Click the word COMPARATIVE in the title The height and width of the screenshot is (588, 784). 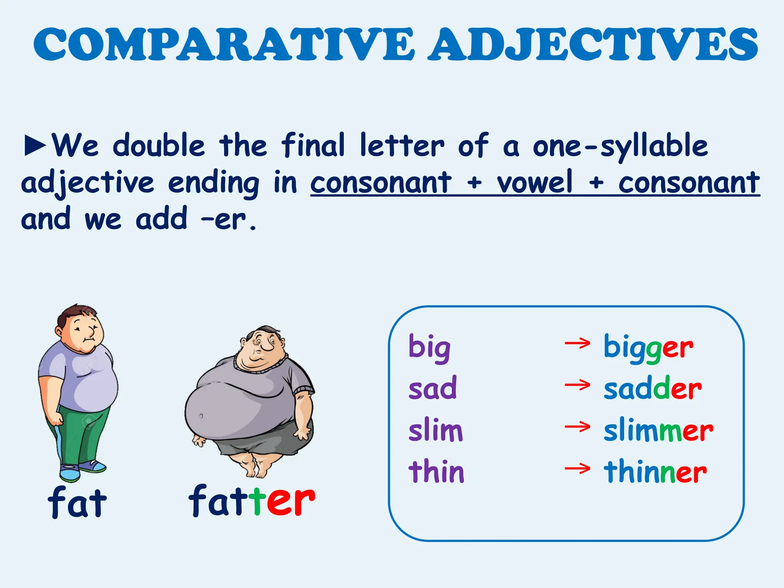point(224,45)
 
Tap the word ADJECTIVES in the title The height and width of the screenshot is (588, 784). point(593,45)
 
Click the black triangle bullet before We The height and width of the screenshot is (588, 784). point(35,145)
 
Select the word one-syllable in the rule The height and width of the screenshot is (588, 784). point(620,146)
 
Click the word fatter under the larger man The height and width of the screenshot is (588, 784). point(252,500)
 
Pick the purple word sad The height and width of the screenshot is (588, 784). point(433,388)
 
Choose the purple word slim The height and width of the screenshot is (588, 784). point(436,430)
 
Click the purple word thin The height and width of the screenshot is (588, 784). point(436,471)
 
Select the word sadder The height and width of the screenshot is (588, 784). point(652,388)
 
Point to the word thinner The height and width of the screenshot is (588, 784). point(655,471)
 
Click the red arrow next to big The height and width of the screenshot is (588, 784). point(577,343)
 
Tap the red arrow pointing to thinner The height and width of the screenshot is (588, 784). point(577,468)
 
